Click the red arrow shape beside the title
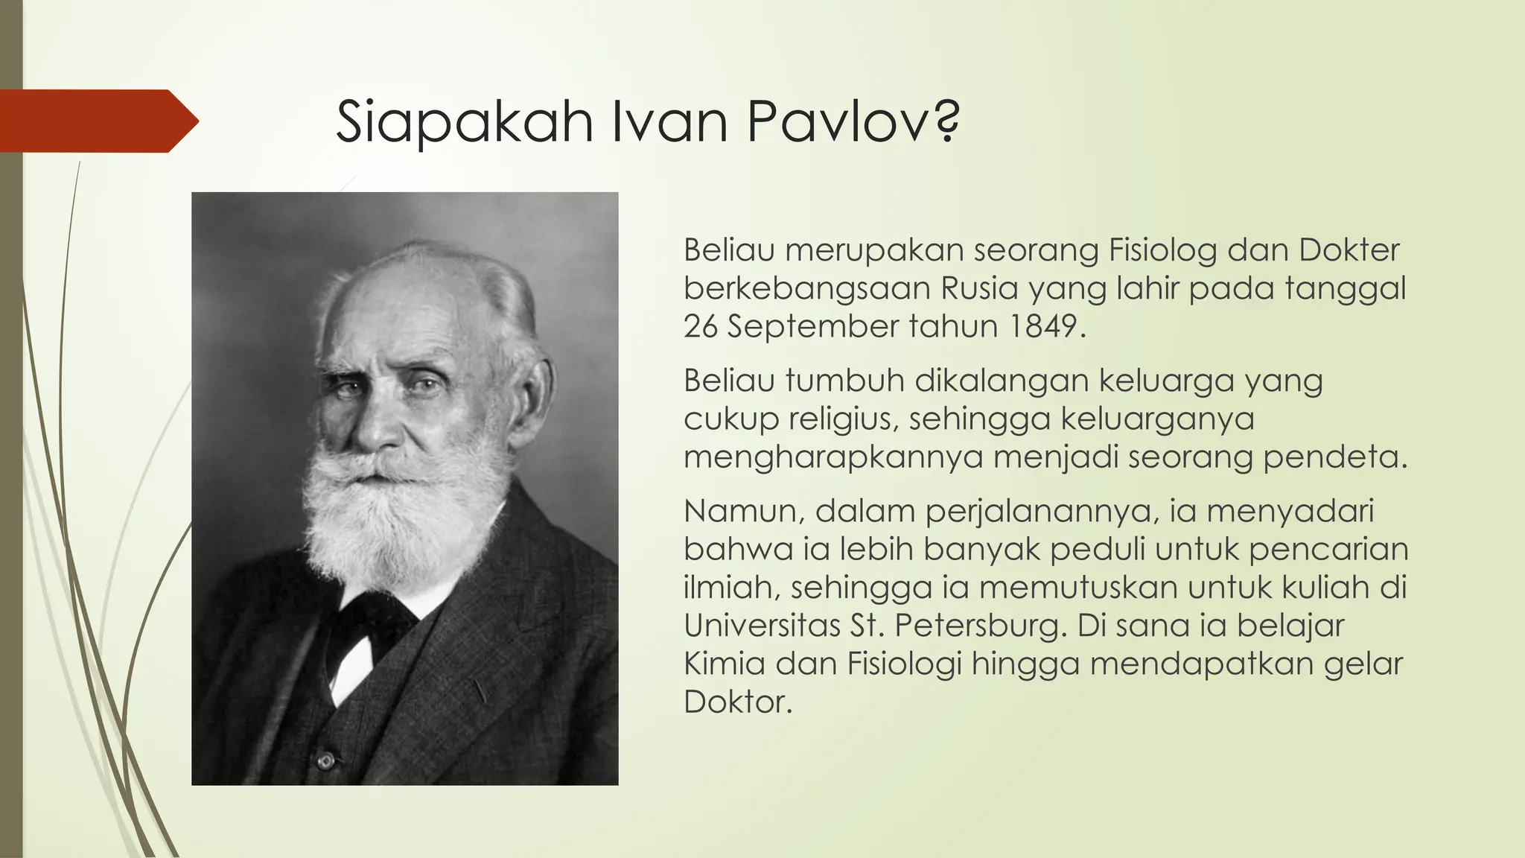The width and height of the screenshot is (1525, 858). (x=97, y=121)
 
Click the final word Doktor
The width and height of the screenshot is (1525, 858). (x=737, y=702)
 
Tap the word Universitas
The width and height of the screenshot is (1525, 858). (x=762, y=626)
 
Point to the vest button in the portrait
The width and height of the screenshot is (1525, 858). (x=325, y=761)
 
